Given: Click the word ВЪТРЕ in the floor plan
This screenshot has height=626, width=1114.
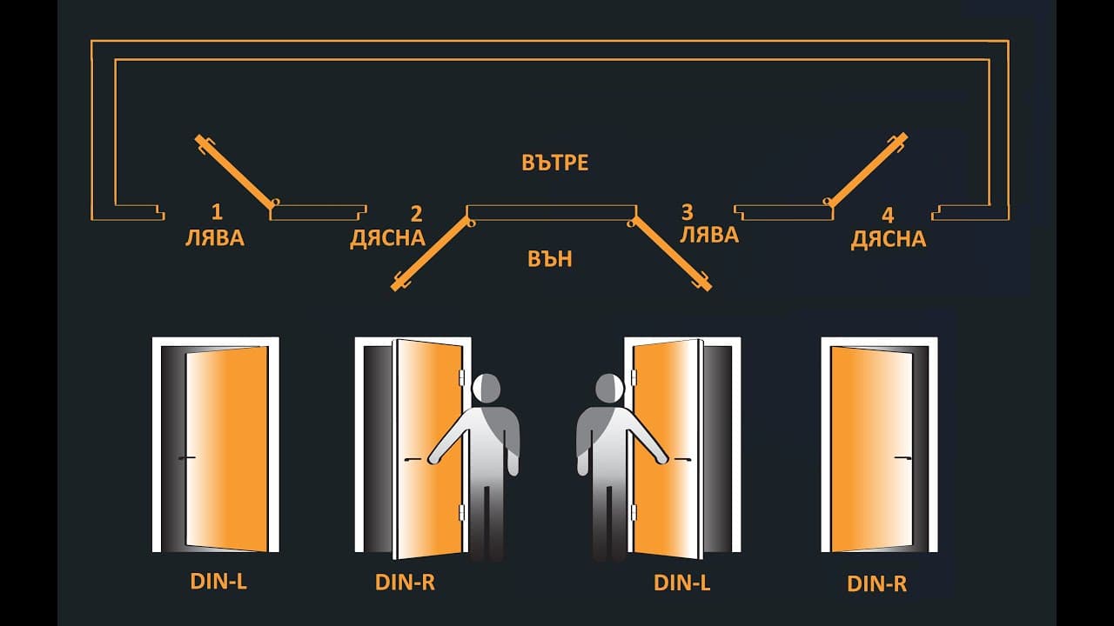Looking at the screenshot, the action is click(555, 163).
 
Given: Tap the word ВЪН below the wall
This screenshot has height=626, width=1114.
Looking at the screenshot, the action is click(549, 259).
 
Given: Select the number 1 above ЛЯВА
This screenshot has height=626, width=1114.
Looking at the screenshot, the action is click(217, 212).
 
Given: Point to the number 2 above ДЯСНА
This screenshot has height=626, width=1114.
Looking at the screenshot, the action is click(416, 214).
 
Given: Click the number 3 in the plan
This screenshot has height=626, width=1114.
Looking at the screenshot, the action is click(687, 212).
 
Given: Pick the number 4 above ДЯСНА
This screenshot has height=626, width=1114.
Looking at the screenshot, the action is click(888, 216).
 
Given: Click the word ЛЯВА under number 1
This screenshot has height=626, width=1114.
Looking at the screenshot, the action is click(215, 238).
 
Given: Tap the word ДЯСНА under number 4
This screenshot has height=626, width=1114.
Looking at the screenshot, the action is click(889, 239).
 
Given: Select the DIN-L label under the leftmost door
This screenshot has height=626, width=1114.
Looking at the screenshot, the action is click(218, 582).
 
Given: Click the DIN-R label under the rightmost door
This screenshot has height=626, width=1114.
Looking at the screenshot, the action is click(876, 584).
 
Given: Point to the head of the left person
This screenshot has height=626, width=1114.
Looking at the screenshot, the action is click(487, 388).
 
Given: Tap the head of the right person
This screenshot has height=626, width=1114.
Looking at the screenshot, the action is click(610, 388).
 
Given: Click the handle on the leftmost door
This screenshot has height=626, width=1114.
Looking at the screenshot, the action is click(187, 457).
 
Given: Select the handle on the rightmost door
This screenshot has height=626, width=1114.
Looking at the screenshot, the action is click(903, 457).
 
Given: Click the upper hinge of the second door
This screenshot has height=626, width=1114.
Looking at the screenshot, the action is click(461, 377).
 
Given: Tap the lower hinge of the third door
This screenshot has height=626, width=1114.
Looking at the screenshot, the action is click(634, 512).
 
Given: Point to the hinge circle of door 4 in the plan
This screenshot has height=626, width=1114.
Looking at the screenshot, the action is click(827, 202).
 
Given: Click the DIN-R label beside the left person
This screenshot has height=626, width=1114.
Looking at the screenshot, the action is click(405, 583).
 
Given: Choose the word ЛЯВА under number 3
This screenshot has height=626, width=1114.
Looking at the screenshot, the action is click(709, 235).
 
